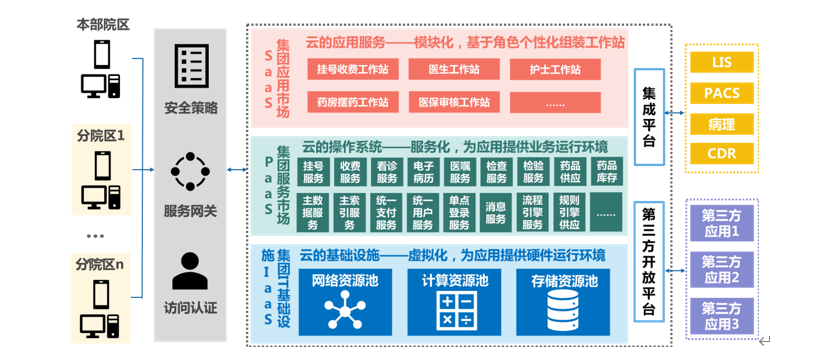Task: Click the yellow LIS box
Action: (722, 63)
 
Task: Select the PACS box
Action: (722, 94)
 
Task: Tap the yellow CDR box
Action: (722, 154)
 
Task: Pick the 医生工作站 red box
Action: (454, 69)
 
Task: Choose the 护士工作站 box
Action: (555, 69)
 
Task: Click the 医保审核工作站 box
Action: (454, 102)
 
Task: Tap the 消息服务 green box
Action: (496, 212)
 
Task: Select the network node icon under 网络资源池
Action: (345, 309)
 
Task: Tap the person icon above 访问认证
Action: (190, 271)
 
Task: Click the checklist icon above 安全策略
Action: (190, 67)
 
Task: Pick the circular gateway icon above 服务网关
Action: (190, 171)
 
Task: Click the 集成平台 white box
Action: (649, 116)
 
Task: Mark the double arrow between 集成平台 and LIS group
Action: (675, 113)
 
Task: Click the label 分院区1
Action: (101, 135)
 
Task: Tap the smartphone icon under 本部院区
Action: (102, 54)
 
